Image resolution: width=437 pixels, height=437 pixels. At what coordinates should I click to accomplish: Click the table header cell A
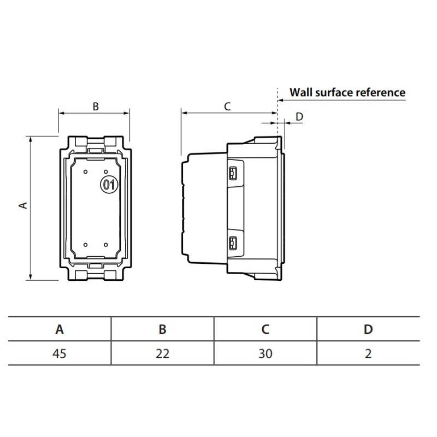(x=60, y=329)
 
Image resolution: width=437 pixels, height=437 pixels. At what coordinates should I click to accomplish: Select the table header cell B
(x=162, y=329)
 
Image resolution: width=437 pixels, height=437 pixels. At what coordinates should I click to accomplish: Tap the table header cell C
(x=265, y=329)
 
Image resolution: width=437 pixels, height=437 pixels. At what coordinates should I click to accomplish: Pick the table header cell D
(x=368, y=329)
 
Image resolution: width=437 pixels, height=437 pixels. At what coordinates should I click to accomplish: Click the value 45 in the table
(x=60, y=353)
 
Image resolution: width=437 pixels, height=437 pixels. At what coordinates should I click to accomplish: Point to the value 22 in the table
(x=162, y=353)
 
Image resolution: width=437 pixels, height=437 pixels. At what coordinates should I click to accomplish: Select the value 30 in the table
(x=265, y=353)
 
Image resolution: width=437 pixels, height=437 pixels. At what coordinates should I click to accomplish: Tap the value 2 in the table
(x=368, y=353)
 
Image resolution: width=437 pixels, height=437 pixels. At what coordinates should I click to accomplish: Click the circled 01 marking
(x=109, y=185)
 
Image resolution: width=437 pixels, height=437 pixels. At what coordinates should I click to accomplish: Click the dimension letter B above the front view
(x=96, y=107)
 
